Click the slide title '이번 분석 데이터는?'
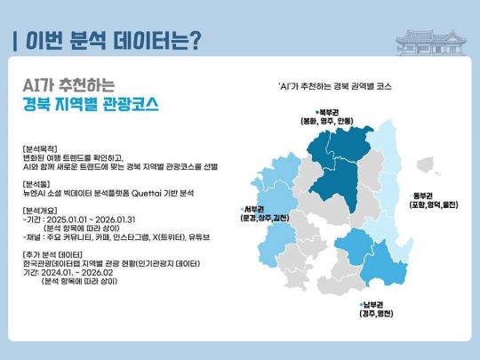pos(110,41)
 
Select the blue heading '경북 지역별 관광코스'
pos(91,103)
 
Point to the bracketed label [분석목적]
pos(44,147)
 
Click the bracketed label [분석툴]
pos(40,182)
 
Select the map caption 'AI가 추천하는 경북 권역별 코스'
pos(336,86)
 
